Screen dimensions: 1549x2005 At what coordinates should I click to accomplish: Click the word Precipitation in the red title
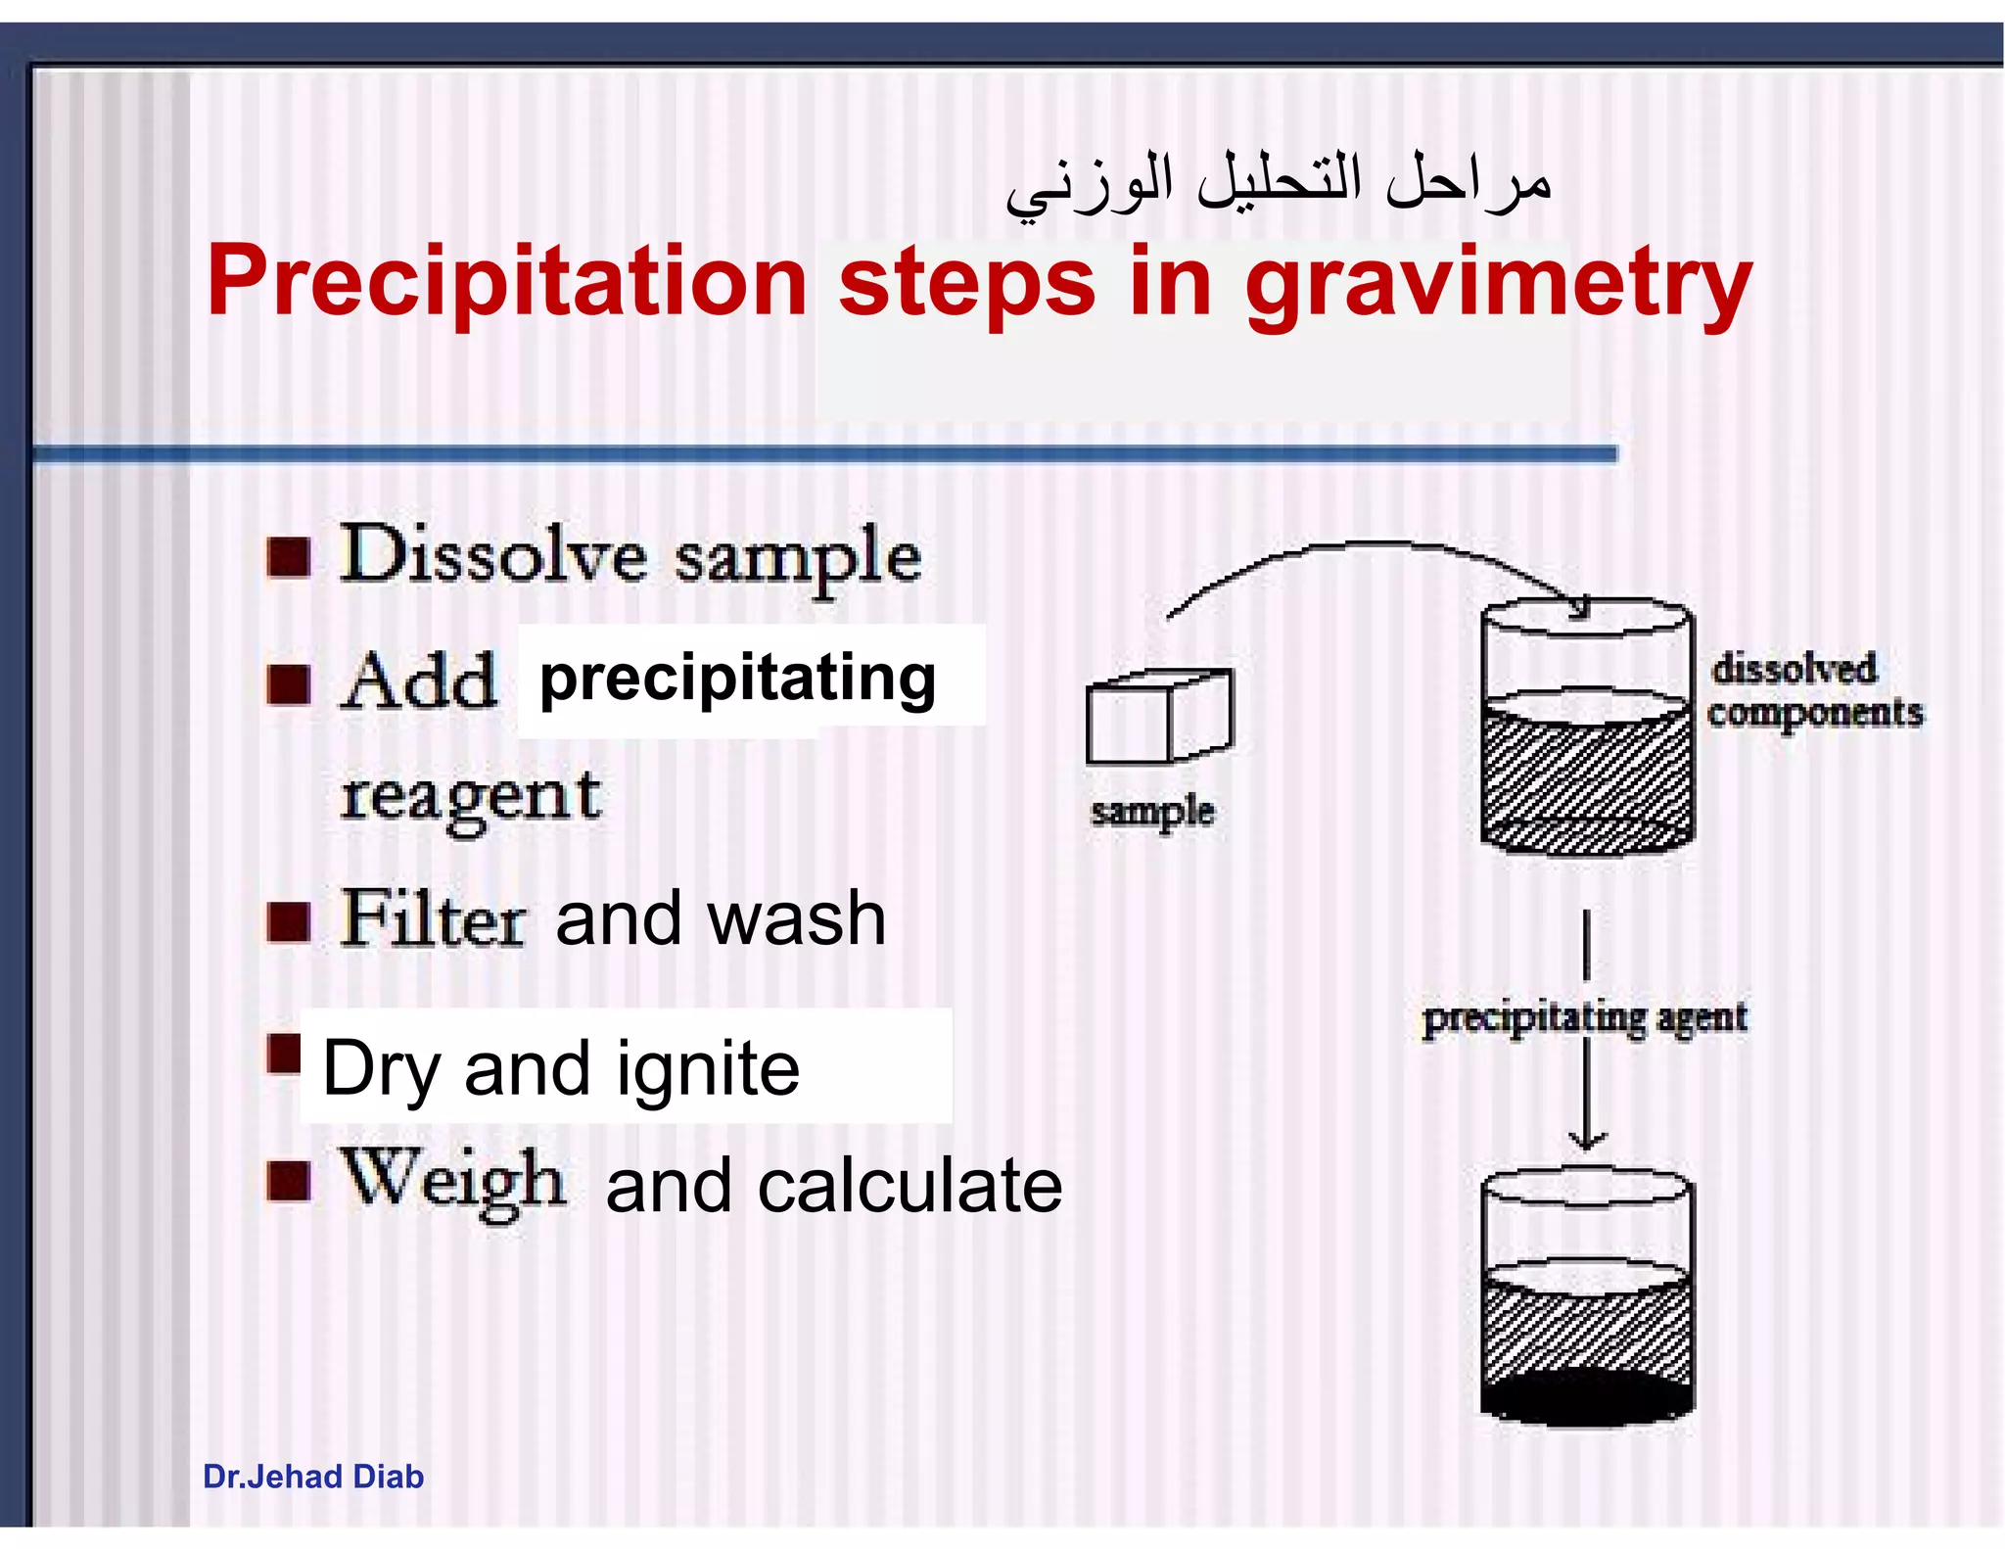(506, 282)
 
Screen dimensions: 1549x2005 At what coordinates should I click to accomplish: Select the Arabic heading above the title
(1278, 185)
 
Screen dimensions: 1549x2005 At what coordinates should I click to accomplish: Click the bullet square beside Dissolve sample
(289, 558)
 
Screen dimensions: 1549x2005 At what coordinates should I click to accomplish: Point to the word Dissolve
(492, 555)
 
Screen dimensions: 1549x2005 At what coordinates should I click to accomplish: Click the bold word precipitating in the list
(737, 679)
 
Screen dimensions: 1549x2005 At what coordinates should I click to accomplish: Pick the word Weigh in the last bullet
(452, 1182)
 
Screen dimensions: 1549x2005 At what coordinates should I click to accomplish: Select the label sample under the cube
(1152, 812)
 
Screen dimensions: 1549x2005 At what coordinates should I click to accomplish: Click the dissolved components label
(1813, 690)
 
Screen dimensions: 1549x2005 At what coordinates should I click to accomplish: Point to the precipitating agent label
(1584, 1017)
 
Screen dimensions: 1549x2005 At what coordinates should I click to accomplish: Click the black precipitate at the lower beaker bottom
(1586, 1397)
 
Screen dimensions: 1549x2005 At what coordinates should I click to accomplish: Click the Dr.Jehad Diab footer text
(313, 1477)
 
